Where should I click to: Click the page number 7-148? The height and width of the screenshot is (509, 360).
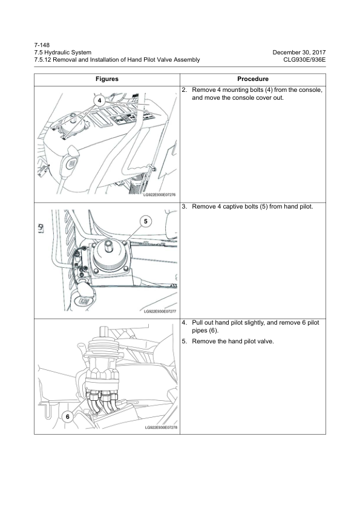[x=42, y=45]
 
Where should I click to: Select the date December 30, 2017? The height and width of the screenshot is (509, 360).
[x=299, y=52]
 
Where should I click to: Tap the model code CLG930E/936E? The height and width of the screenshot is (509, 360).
[x=304, y=59]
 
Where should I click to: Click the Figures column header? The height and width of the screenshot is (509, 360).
[x=107, y=79]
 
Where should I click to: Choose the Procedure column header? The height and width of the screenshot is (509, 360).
[x=253, y=79]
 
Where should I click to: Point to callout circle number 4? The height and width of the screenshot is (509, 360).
[x=99, y=100]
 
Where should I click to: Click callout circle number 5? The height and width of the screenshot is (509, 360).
[x=146, y=221]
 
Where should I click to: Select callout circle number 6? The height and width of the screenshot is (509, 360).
[x=68, y=417]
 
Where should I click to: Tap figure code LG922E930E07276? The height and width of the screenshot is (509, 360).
[x=160, y=195]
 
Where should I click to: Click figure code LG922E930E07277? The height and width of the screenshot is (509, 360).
[x=160, y=311]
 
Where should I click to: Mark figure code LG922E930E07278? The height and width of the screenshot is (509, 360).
[x=161, y=427]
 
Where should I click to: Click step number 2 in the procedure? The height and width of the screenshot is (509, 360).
[x=185, y=90]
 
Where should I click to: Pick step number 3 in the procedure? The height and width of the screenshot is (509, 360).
[x=185, y=207]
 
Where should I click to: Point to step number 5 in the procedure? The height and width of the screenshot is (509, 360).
[x=185, y=341]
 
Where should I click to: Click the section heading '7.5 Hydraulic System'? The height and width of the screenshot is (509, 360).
[x=63, y=52]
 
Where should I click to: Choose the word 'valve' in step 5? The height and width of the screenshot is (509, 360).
[x=265, y=341]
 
